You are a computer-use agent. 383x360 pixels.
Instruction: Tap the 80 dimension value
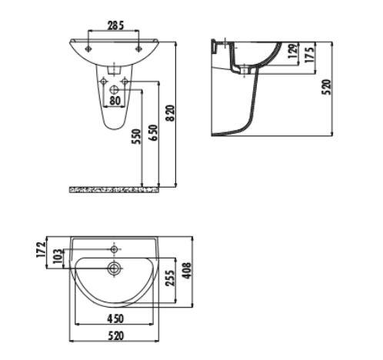pyautogui.click(x=115, y=100)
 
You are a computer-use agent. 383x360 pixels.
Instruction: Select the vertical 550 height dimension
pyautogui.click(x=136, y=137)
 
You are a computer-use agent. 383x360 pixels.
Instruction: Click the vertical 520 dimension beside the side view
pyautogui.click(x=326, y=87)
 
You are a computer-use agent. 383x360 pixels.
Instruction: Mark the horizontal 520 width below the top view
pyautogui.click(x=115, y=336)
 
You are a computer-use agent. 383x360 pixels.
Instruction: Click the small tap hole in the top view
pyautogui.click(x=114, y=249)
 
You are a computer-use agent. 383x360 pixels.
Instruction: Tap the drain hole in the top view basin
pyautogui.click(x=114, y=268)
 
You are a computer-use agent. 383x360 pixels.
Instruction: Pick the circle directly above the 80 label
pyautogui.click(x=115, y=89)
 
